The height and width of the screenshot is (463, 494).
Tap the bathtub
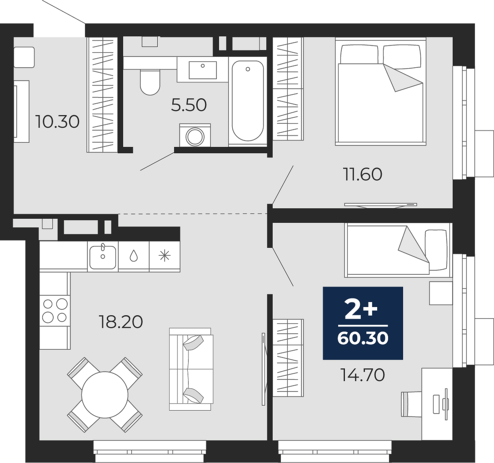point(248,101)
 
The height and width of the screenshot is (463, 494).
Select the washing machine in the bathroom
point(195,135)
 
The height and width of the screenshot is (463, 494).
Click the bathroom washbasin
point(203,70)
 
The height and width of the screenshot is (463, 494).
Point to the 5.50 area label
point(189,105)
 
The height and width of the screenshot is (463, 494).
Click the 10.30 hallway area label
point(57,122)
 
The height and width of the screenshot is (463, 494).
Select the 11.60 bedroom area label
point(363,174)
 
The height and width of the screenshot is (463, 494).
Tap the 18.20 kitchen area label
point(121,322)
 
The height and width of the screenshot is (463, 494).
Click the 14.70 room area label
point(363,375)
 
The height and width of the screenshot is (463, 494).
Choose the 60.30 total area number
point(363,338)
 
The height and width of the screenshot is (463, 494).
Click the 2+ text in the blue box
point(361,308)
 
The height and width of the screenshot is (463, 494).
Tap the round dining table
point(105,395)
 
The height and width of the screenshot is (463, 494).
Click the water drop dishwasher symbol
point(134,256)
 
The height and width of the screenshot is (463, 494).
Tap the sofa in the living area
point(191,369)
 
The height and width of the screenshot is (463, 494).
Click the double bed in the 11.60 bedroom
point(380,91)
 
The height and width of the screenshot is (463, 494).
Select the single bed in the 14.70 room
point(398,250)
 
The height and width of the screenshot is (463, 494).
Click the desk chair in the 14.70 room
point(411,403)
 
